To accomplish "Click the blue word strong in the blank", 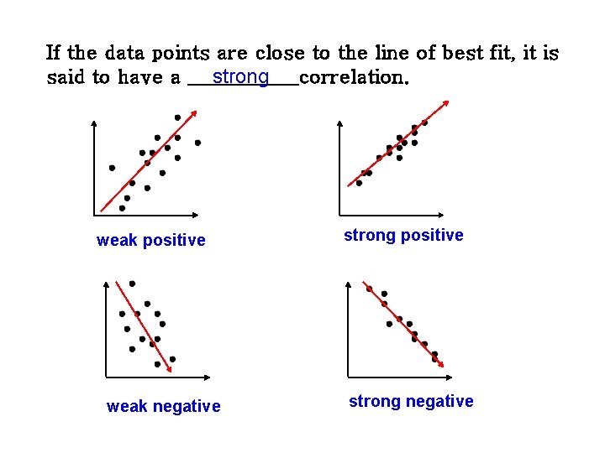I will pyautogui.click(x=240, y=77).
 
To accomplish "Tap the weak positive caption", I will pyautogui.click(x=151, y=241).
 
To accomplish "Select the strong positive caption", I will pyautogui.click(x=403, y=236).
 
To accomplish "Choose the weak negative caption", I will pyautogui.click(x=164, y=407).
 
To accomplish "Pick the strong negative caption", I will pyautogui.click(x=411, y=402).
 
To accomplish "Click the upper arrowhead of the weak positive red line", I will pyautogui.click(x=196, y=112).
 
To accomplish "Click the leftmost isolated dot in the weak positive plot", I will pyautogui.click(x=112, y=168).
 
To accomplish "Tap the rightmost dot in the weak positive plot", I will pyautogui.click(x=197, y=143).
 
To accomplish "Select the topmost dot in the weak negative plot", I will pyautogui.click(x=132, y=284).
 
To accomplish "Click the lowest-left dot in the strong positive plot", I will pyautogui.click(x=359, y=183).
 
